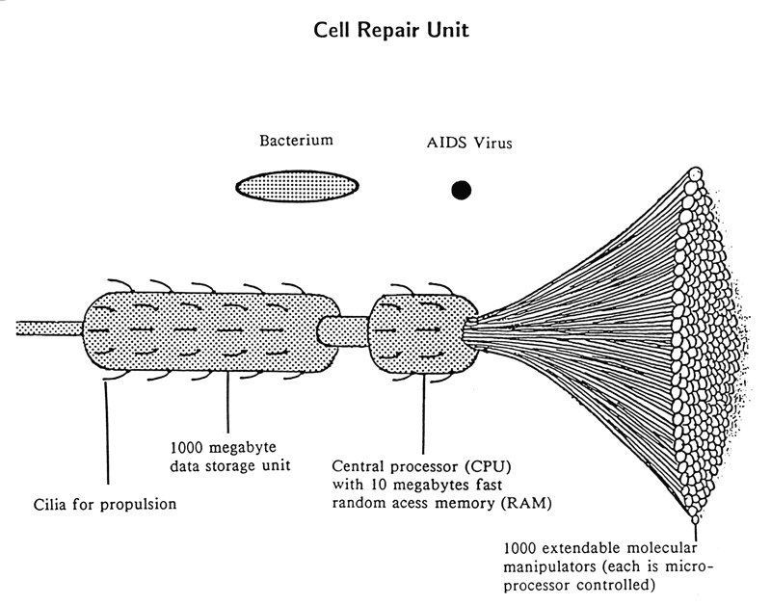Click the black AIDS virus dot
tap(462, 190)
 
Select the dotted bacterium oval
tap(299, 185)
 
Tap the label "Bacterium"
tap(296, 141)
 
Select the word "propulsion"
tap(142, 504)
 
